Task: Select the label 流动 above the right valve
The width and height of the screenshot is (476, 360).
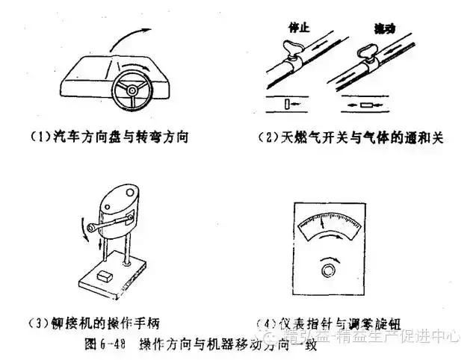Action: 384,28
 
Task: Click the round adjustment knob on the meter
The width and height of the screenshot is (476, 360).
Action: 327,269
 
